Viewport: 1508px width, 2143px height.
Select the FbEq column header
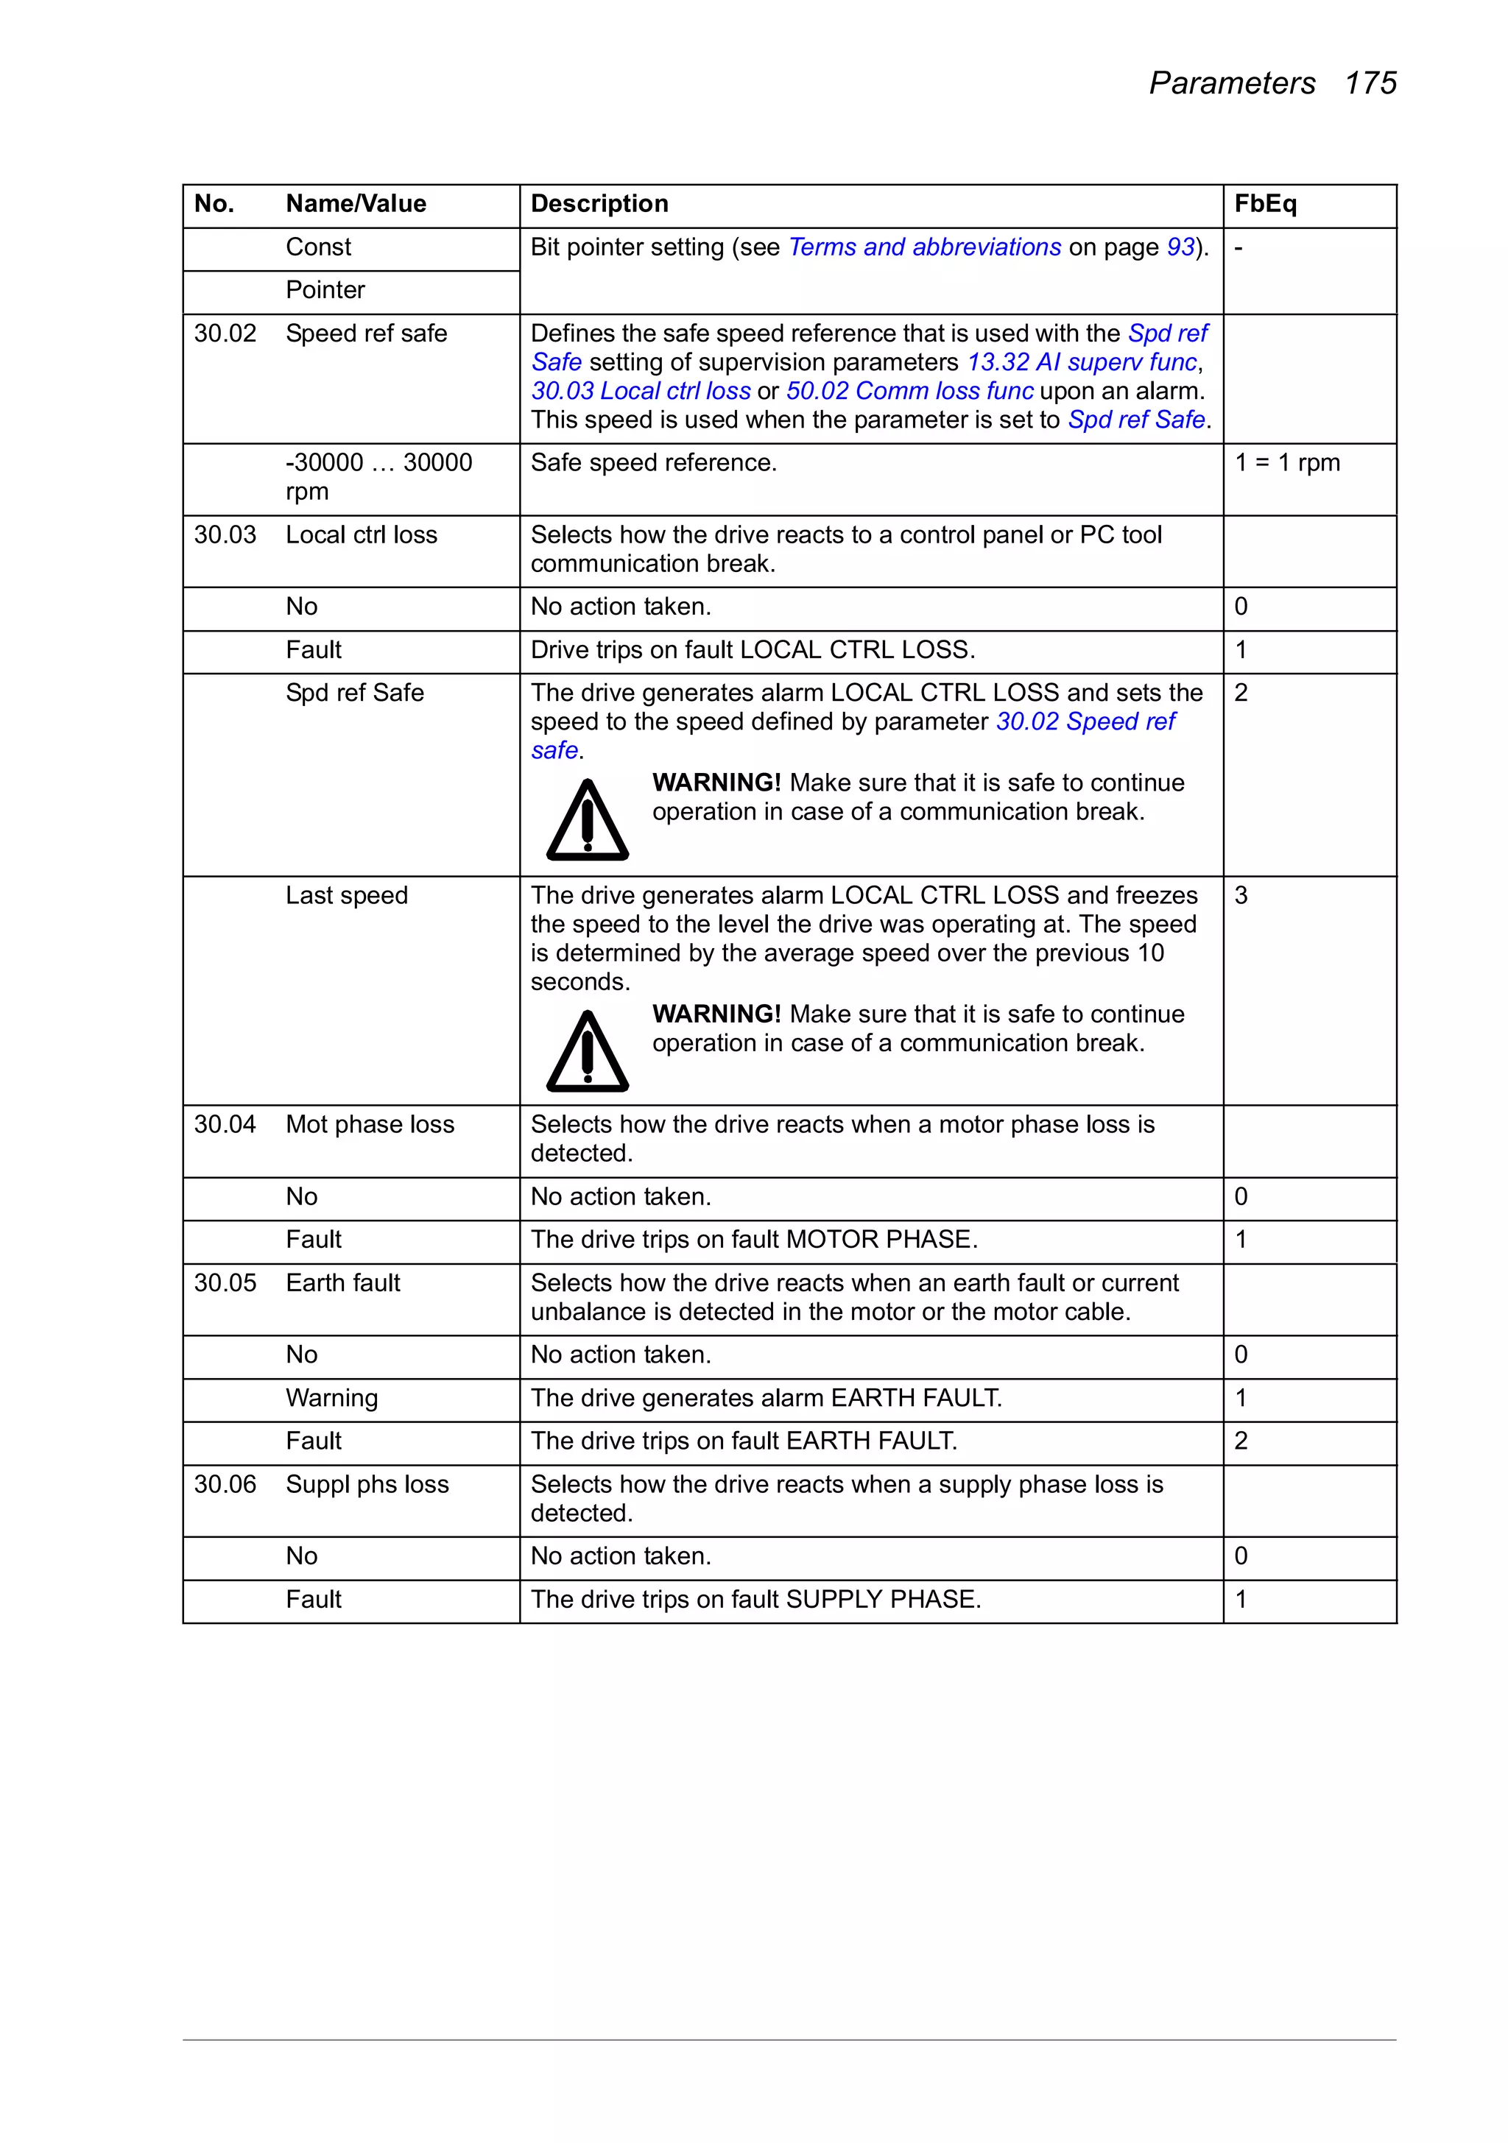tap(1264, 203)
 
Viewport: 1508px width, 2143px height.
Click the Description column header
tap(599, 203)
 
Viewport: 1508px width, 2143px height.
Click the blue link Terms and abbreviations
tap(924, 247)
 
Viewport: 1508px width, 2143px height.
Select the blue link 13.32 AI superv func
tap(1081, 362)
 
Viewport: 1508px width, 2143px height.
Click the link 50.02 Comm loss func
tap(909, 391)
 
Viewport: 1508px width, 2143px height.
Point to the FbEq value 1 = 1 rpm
tap(1286, 463)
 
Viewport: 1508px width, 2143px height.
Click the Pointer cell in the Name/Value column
tap(325, 290)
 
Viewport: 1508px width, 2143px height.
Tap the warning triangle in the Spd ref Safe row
tap(588, 822)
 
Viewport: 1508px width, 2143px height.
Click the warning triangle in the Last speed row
tap(588, 1053)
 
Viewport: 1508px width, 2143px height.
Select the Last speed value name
tap(346, 896)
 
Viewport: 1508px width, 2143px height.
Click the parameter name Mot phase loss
tap(370, 1125)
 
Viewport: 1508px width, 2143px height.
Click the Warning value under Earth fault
tap(331, 1398)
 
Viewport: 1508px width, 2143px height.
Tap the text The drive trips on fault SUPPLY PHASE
tap(755, 1600)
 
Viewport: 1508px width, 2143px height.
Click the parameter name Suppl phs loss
tap(367, 1485)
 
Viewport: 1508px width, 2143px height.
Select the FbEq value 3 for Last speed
tap(1241, 896)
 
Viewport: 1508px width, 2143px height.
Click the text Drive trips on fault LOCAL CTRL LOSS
tap(753, 649)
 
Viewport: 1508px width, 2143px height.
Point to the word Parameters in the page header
tap(1232, 83)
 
